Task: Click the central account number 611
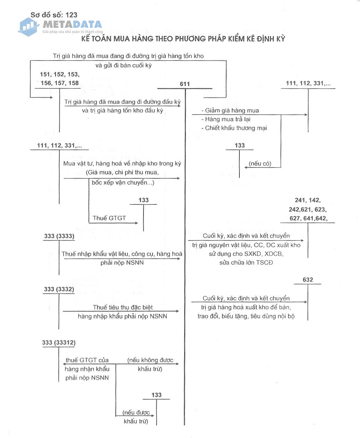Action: tap(185, 84)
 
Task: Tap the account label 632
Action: tap(308, 280)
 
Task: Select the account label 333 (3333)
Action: tap(59, 236)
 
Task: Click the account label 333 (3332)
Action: tap(59, 289)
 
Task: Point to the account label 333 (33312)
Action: tap(59, 343)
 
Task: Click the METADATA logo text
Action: tap(72, 25)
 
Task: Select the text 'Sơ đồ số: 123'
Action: tap(54, 15)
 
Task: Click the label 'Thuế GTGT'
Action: tap(109, 218)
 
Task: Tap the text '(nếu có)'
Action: tap(260, 164)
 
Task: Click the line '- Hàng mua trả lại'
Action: tap(226, 119)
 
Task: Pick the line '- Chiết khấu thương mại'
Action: tap(234, 128)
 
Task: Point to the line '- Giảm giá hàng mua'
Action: tap(230, 111)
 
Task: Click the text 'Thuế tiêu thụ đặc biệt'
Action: tap(123, 307)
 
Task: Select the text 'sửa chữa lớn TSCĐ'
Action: tap(246, 262)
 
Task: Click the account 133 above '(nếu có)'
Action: tap(240, 146)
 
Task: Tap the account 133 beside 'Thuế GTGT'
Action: tap(144, 200)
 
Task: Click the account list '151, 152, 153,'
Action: tap(59, 74)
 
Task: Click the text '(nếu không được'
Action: tap(150, 360)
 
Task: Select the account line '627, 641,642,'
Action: tap(308, 219)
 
